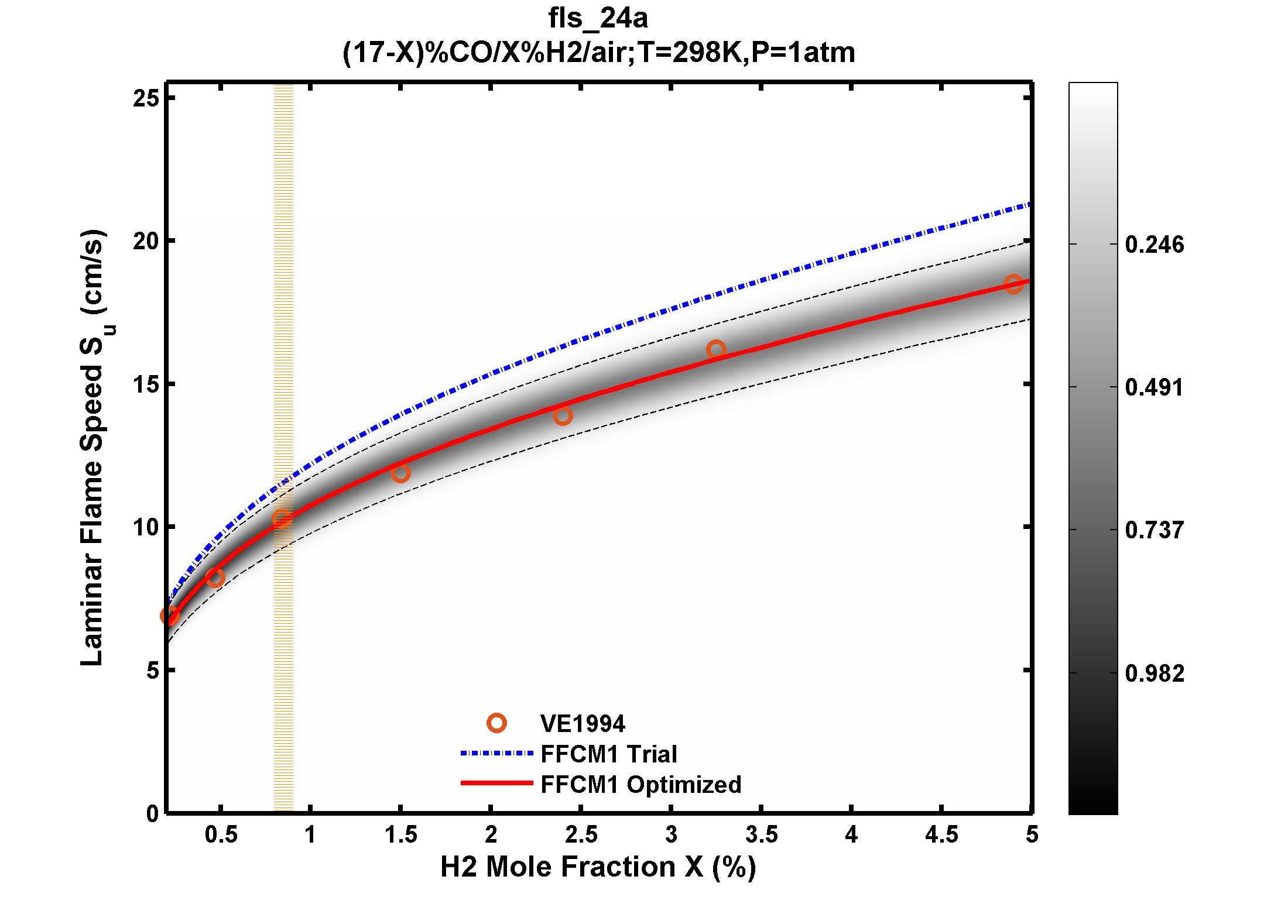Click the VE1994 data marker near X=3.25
[x=715, y=350]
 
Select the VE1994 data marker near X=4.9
[x=1013, y=284]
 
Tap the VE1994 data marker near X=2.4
[x=563, y=416]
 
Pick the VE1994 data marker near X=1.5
[x=400, y=473]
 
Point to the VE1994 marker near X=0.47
[x=215, y=578]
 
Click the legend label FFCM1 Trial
[x=608, y=754]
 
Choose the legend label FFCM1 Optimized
[x=640, y=785]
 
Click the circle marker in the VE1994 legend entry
[x=496, y=723]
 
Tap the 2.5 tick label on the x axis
[x=581, y=835]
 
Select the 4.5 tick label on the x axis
[x=941, y=835]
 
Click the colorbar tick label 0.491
[x=1154, y=387]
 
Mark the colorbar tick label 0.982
[x=1154, y=674]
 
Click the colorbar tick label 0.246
[x=1154, y=245]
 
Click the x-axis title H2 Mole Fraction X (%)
[x=598, y=867]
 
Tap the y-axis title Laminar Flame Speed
[x=93, y=448]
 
